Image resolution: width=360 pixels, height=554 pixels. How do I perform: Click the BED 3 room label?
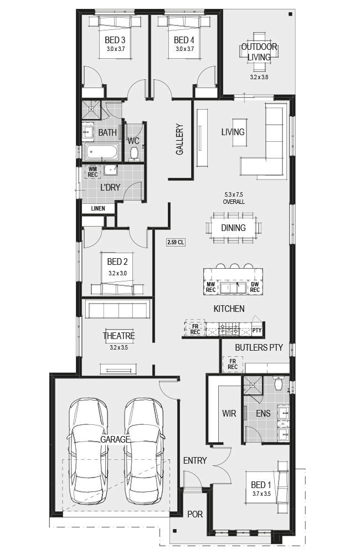115,40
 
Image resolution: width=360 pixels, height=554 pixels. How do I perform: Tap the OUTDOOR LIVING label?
259,52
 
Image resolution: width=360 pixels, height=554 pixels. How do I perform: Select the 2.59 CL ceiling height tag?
176,243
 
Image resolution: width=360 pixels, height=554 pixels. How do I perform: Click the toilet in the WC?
134,153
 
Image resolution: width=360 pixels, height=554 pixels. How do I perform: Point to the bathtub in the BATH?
101,152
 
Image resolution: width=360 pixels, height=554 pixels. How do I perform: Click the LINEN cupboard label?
98,208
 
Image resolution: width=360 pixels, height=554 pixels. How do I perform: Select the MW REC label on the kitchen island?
210,287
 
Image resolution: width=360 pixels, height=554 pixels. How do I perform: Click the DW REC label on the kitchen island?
255,287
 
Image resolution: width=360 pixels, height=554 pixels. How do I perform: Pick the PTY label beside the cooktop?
257,330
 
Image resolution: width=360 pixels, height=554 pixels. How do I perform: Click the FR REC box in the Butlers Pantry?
233,364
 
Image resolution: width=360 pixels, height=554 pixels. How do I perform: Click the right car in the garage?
144,451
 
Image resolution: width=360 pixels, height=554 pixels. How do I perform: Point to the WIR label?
229,413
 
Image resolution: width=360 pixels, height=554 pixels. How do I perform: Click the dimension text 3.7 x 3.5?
261,494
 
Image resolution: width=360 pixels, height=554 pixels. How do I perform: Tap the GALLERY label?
180,139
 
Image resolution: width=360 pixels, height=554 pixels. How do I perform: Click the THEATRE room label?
119,336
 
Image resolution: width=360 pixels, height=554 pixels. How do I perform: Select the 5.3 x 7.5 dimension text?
234,194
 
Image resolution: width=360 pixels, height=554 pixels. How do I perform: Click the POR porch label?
195,514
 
